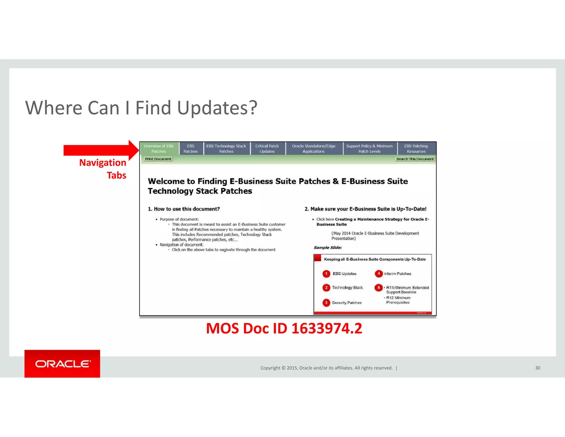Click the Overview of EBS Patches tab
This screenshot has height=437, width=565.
coord(159,149)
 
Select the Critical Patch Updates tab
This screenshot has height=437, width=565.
coord(267,149)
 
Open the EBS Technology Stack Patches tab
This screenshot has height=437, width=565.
coord(226,149)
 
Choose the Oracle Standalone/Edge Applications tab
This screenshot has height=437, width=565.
coord(314,149)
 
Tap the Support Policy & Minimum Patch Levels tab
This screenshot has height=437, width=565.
coord(369,149)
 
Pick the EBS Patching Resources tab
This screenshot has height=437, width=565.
coord(416,149)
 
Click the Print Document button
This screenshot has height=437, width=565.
coord(158,159)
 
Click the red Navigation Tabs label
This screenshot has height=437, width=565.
coord(103,169)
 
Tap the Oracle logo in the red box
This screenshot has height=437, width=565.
coord(62,364)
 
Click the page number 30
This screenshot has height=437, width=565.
coord(537,368)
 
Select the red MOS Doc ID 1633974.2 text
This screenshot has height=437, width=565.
coord(284,328)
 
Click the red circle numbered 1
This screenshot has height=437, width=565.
coord(326,274)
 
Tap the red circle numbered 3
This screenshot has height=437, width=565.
coord(326,303)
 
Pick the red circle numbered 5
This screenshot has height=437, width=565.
coord(379,288)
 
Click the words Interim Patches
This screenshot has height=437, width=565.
coord(397,274)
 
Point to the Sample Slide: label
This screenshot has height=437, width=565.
coord(328,248)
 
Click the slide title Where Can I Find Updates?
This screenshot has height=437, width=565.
coord(141,108)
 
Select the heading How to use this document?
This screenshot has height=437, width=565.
coord(184,209)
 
